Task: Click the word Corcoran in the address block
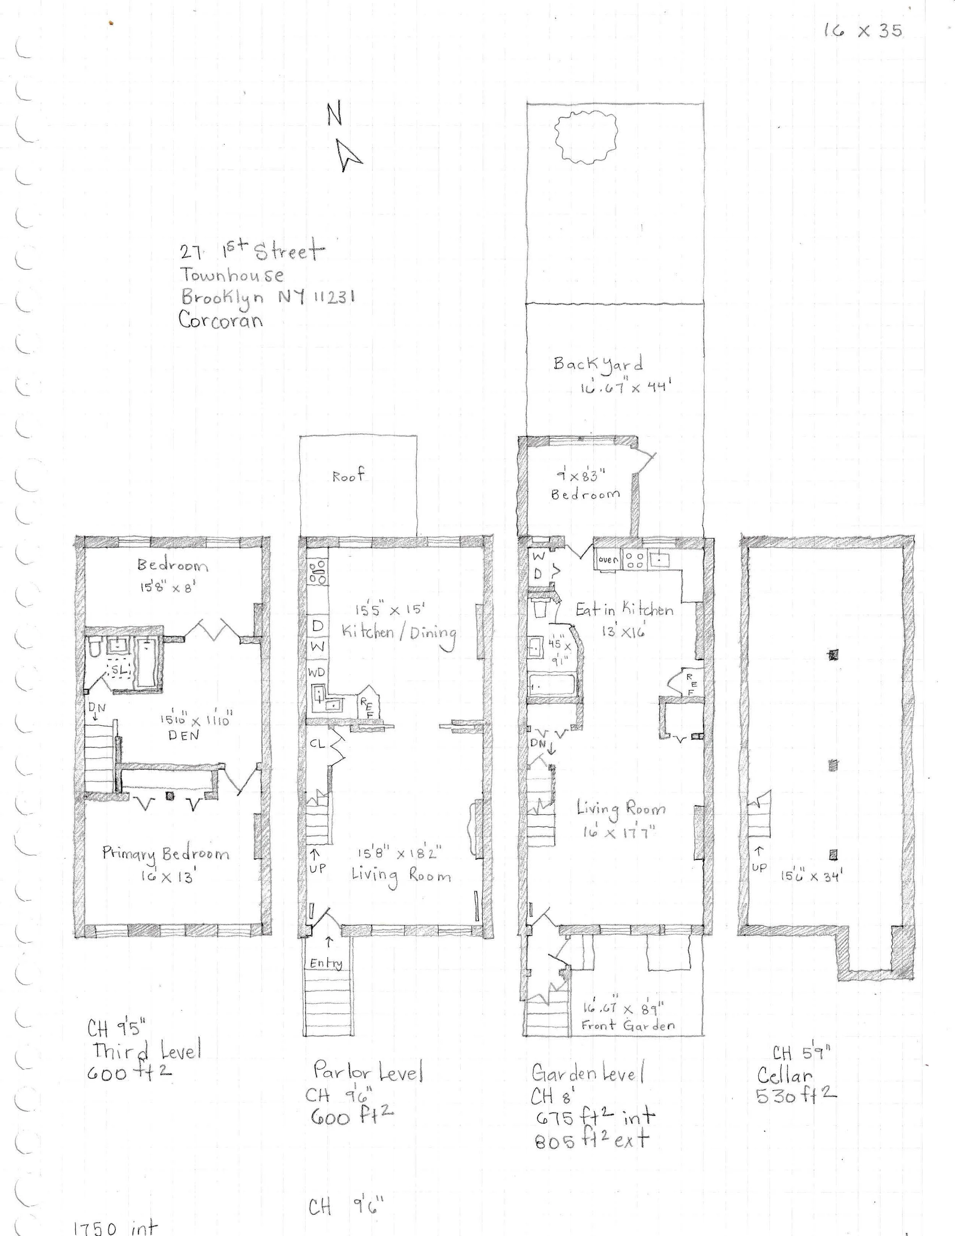point(221,320)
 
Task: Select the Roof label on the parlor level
point(348,476)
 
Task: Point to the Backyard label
point(597,364)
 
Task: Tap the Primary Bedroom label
point(166,854)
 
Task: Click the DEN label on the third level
point(183,736)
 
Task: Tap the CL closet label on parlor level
point(317,744)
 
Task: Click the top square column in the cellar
point(833,655)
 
